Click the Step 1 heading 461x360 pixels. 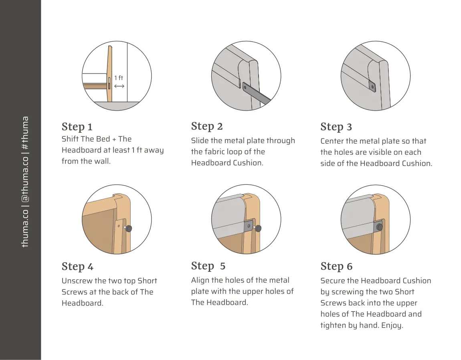point(77,127)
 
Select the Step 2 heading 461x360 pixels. point(206,126)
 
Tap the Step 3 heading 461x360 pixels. point(336,127)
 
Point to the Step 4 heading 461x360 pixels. point(77,267)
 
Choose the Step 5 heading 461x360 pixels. point(208,266)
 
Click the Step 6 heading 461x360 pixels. point(336,267)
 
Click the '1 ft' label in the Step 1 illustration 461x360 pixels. point(119,78)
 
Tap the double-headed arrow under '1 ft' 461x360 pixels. point(119,86)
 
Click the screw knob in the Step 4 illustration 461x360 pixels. point(129,229)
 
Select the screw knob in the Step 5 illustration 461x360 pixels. point(258,229)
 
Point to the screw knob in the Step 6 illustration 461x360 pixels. point(379,227)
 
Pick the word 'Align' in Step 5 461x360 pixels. point(200,280)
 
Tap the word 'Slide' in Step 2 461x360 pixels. point(200,141)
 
